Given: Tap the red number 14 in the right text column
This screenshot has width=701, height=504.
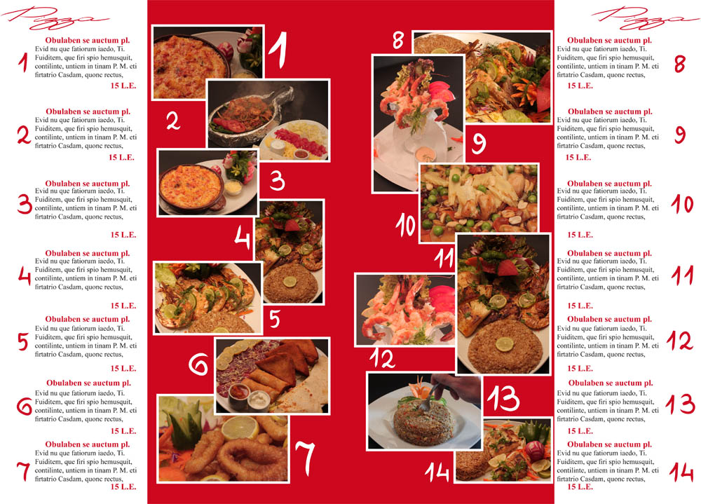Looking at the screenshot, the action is tap(681, 472).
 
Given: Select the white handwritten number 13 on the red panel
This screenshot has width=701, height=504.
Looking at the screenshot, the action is tap(503, 397).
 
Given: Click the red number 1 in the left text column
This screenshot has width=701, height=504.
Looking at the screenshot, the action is tap(24, 62).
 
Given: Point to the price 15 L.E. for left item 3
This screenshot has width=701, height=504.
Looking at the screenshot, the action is tap(123, 234).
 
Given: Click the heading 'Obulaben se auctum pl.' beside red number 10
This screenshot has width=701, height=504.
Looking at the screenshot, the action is tap(609, 184).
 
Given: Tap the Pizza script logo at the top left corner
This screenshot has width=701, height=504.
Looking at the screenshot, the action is tap(54, 18).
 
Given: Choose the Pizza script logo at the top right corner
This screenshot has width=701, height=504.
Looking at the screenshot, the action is tap(645, 18).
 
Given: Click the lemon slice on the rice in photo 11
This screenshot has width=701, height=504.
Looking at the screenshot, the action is tap(504, 344).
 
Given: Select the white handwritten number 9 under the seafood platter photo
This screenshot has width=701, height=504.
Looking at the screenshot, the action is tap(478, 144).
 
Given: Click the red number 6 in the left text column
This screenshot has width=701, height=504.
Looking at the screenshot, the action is tap(24, 406).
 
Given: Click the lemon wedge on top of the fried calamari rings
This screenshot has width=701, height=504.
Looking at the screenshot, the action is tap(240, 427).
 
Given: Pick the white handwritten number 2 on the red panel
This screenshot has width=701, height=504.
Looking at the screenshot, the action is tap(173, 121).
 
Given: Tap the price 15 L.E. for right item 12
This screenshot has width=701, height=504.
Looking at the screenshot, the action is tap(580, 368).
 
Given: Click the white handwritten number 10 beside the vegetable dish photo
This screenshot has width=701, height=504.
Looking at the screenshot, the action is tap(406, 224).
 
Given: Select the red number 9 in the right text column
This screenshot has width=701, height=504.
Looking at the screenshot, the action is tap(680, 135).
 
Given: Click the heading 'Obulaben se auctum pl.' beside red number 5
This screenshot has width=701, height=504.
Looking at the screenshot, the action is tap(87, 319).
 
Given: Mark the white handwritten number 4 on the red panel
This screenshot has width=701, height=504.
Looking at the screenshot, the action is tap(243, 238).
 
